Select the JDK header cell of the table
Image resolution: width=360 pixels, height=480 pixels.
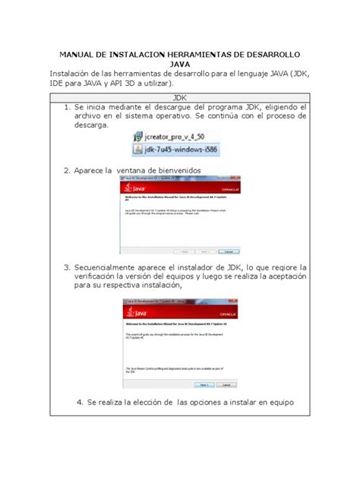click(x=180, y=99)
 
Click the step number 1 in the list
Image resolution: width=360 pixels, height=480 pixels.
click(x=67, y=109)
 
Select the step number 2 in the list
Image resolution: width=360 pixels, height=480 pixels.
click(x=67, y=171)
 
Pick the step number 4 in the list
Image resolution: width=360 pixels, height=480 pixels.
click(x=80, y=402)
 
